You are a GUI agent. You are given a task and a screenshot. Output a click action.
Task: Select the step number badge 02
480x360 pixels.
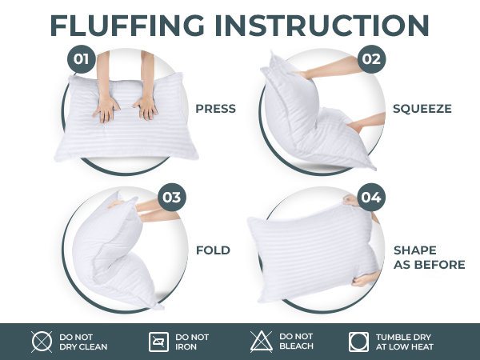click(x=370, y=58)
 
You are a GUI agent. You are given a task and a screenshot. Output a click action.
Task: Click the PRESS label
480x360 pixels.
click(x=215, y=109)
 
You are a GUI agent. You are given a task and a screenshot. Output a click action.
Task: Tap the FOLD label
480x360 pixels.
click(x=213, y=250)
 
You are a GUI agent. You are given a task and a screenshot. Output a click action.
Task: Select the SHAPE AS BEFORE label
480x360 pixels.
click(x=428, y=258)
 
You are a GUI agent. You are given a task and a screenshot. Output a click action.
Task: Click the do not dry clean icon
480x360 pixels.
click(x=42, y=342)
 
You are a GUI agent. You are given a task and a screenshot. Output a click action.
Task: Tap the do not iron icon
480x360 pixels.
click(x=159, y=342)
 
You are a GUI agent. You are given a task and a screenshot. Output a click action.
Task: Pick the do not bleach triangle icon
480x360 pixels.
click(x=262, y=342)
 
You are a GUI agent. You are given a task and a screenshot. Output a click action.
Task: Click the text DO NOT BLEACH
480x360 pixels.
click(x=296, y=342)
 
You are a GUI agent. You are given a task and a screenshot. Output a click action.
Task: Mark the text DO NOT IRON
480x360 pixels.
click(x=191, y=342)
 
